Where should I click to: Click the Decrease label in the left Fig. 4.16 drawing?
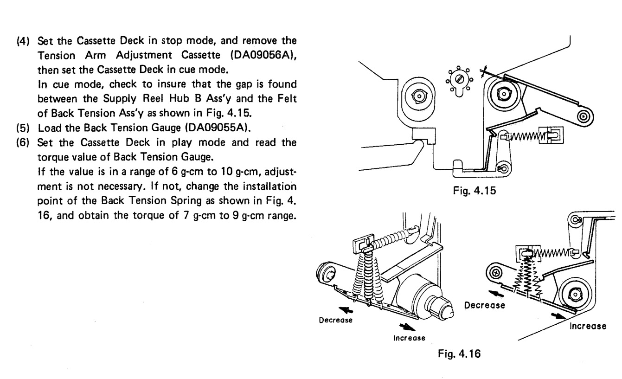tap(334, 320)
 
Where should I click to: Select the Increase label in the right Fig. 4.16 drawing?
tap(588, 326)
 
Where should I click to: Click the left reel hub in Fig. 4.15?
tap(418, 96)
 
